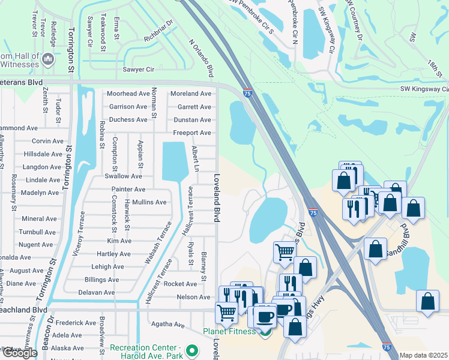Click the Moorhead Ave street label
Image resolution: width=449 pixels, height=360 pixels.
(128, 94)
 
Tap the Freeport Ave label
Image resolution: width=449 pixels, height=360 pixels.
(192, 133)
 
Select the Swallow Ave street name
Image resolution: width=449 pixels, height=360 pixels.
(123, 176)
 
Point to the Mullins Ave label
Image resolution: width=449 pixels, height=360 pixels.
(149, 202)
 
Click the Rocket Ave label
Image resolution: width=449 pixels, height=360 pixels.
(180, 284)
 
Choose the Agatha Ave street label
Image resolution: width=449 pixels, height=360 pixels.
(167, 325)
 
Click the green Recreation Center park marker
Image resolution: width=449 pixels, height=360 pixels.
(192, 350)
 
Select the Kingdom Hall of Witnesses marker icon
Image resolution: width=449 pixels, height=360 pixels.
(49, 59)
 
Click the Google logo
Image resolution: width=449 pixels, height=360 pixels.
(19, 352)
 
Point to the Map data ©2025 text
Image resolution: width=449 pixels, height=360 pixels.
(424, 355)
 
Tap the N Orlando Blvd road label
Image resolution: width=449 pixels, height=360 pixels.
(202, 58)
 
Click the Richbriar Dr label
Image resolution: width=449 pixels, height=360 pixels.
(158, 32)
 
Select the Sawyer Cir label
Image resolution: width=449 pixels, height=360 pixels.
(138, 70)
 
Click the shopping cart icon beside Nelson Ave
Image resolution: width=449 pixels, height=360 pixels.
(226, 313)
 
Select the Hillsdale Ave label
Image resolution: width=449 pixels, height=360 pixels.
(43, 154)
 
